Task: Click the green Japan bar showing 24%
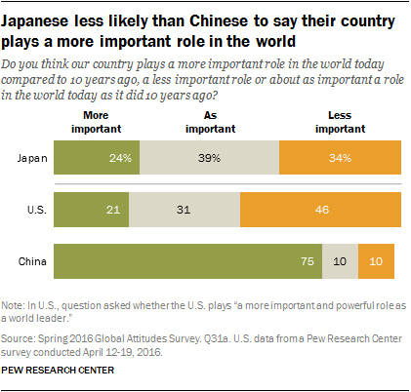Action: coord(97,157)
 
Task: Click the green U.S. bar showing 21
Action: coord(90,210)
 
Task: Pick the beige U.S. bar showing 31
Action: coord(183,210)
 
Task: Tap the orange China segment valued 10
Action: coord(376,261)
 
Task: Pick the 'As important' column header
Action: coord(209,119)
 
